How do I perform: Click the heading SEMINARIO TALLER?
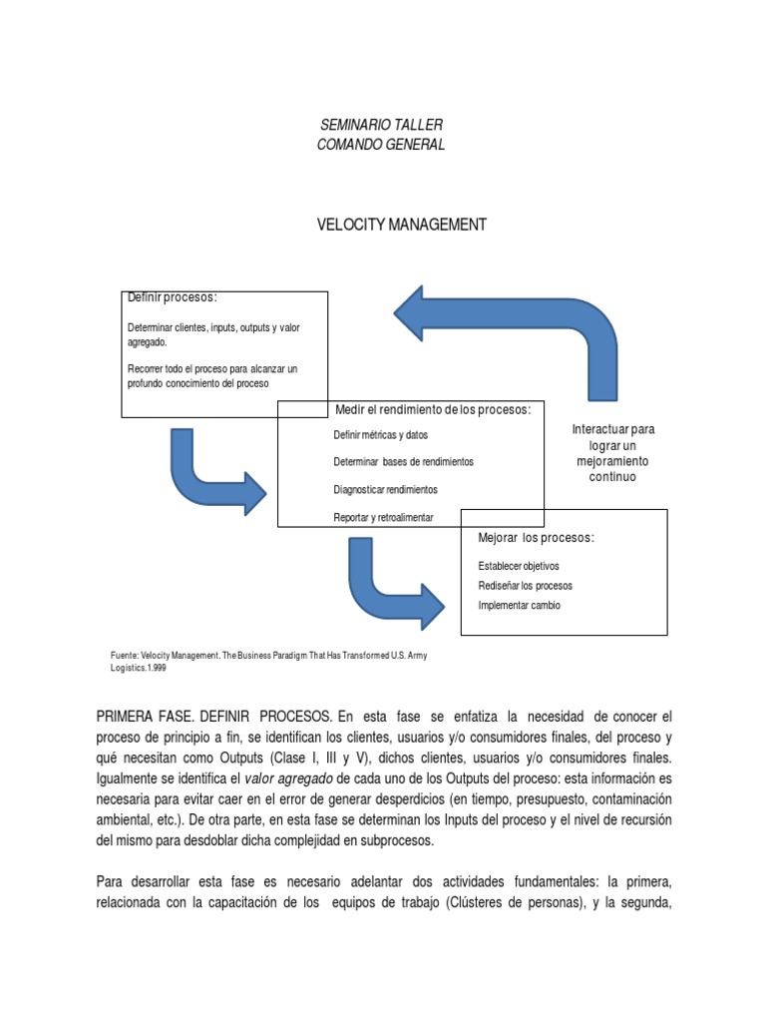tap(380, 125)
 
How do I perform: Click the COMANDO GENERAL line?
tap(380, 145)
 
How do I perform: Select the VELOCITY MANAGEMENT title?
tap(401, 225)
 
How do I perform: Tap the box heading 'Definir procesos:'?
tap(173, 297)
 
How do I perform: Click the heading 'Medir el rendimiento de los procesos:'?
tap(433, 409)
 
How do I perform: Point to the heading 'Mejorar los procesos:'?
tap(537, 538)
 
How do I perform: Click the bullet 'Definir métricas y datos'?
tap(381, 435)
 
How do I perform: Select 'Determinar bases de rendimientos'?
tap(403, 462)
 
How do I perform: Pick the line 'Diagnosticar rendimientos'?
tap(385, 490)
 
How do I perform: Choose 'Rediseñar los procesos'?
tap(526, 586)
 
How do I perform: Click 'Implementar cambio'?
tap(519, 605)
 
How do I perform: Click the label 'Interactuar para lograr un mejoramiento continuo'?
tap(612, 453)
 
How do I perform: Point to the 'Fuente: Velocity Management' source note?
tap(267, 661)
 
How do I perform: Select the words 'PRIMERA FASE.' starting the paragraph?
tap(144, 718)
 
